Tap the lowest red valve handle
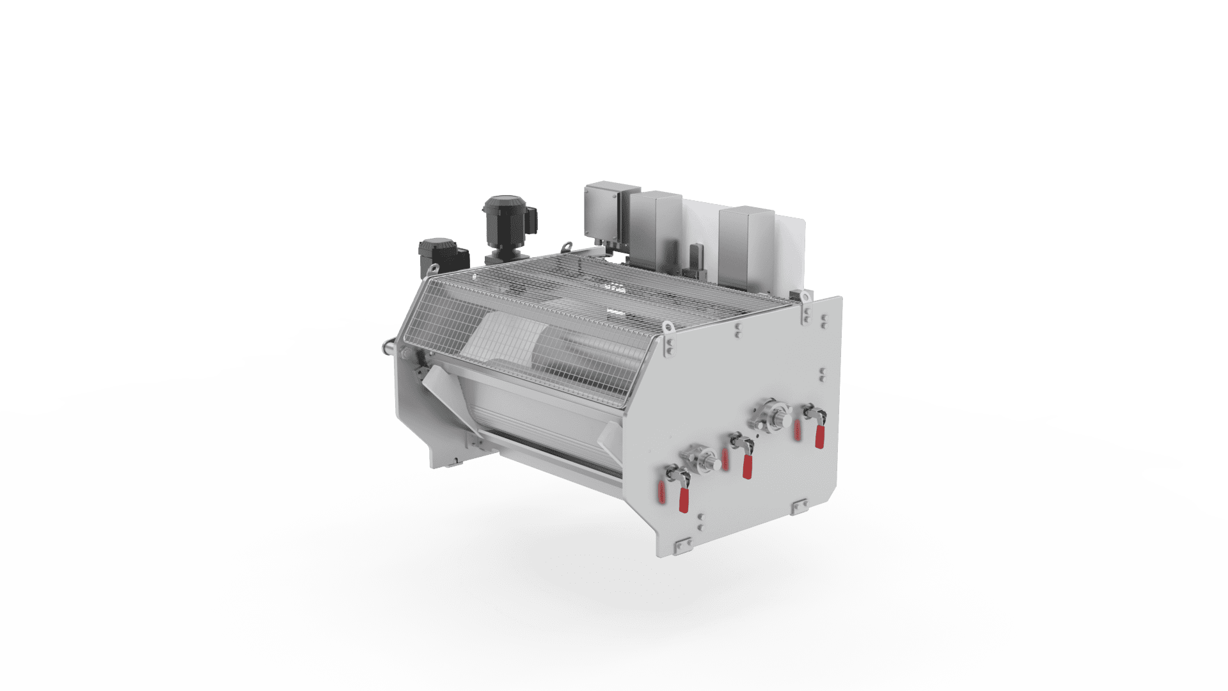tap(684, 500)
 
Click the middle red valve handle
tap(746, 466)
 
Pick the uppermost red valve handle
tap(819, 436)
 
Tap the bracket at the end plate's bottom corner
tap(682, 544)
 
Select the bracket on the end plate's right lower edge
tap(799, 507)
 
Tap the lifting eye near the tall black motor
tap(567, 245)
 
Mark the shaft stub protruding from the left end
tap(388, 347)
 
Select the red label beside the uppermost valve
tap(797, 430)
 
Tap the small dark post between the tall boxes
tap(695, 260)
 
